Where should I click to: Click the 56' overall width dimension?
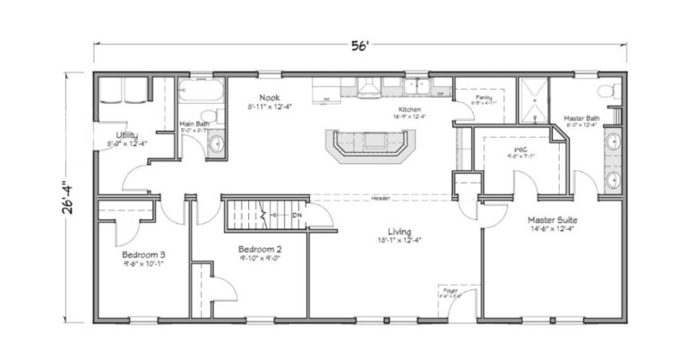point(363,47)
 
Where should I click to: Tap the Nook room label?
point(270,98)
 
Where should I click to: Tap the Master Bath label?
point(580,117)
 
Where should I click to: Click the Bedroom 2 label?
point(260,249)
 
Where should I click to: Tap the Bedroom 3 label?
point(143,255)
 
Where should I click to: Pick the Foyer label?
point(450,289)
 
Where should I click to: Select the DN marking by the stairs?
point(297,215)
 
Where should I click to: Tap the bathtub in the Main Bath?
point(201,92)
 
